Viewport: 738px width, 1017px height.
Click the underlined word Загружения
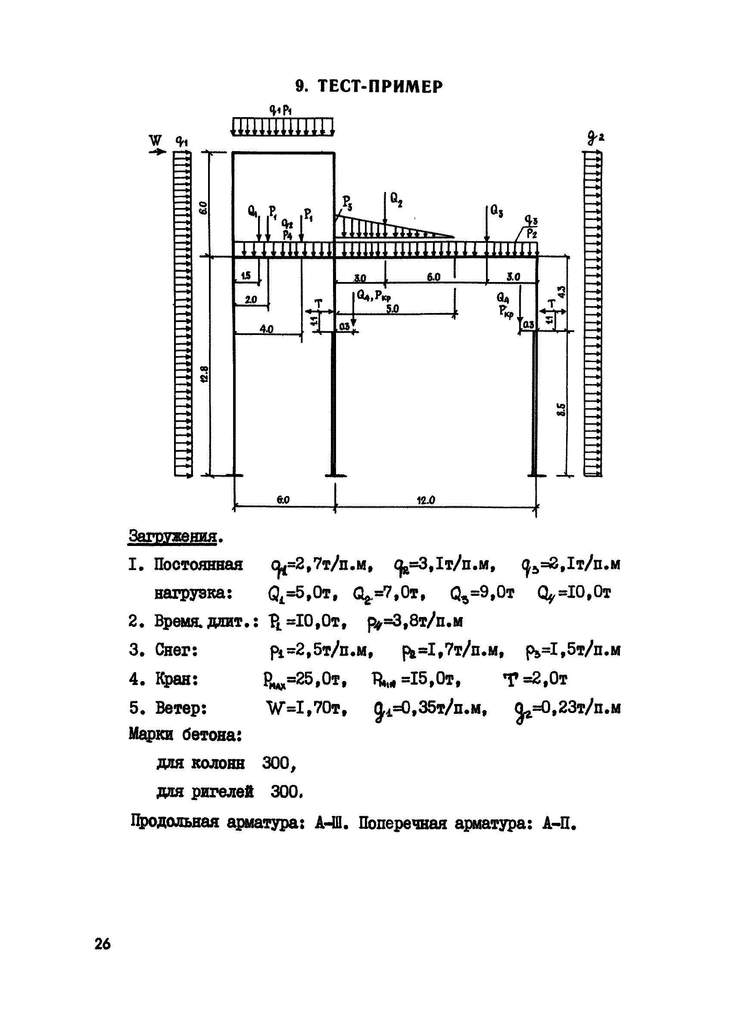coord(173,536)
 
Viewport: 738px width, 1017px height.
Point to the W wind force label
coord(155,141)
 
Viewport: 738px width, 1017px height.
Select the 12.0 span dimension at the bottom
coord(426,500)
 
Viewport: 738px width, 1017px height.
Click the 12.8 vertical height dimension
coord(205,374)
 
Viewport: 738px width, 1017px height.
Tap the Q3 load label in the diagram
coord(497,210)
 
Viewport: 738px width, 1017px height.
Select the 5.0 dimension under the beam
coord(392,309)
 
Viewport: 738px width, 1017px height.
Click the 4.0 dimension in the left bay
coord(267,329)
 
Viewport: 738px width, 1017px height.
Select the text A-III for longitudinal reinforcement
coord(329,823)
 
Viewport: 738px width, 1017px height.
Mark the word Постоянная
coord(198,564)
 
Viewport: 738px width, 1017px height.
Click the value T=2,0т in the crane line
coord(535,679)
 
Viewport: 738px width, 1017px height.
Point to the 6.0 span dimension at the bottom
coord(283,500)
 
